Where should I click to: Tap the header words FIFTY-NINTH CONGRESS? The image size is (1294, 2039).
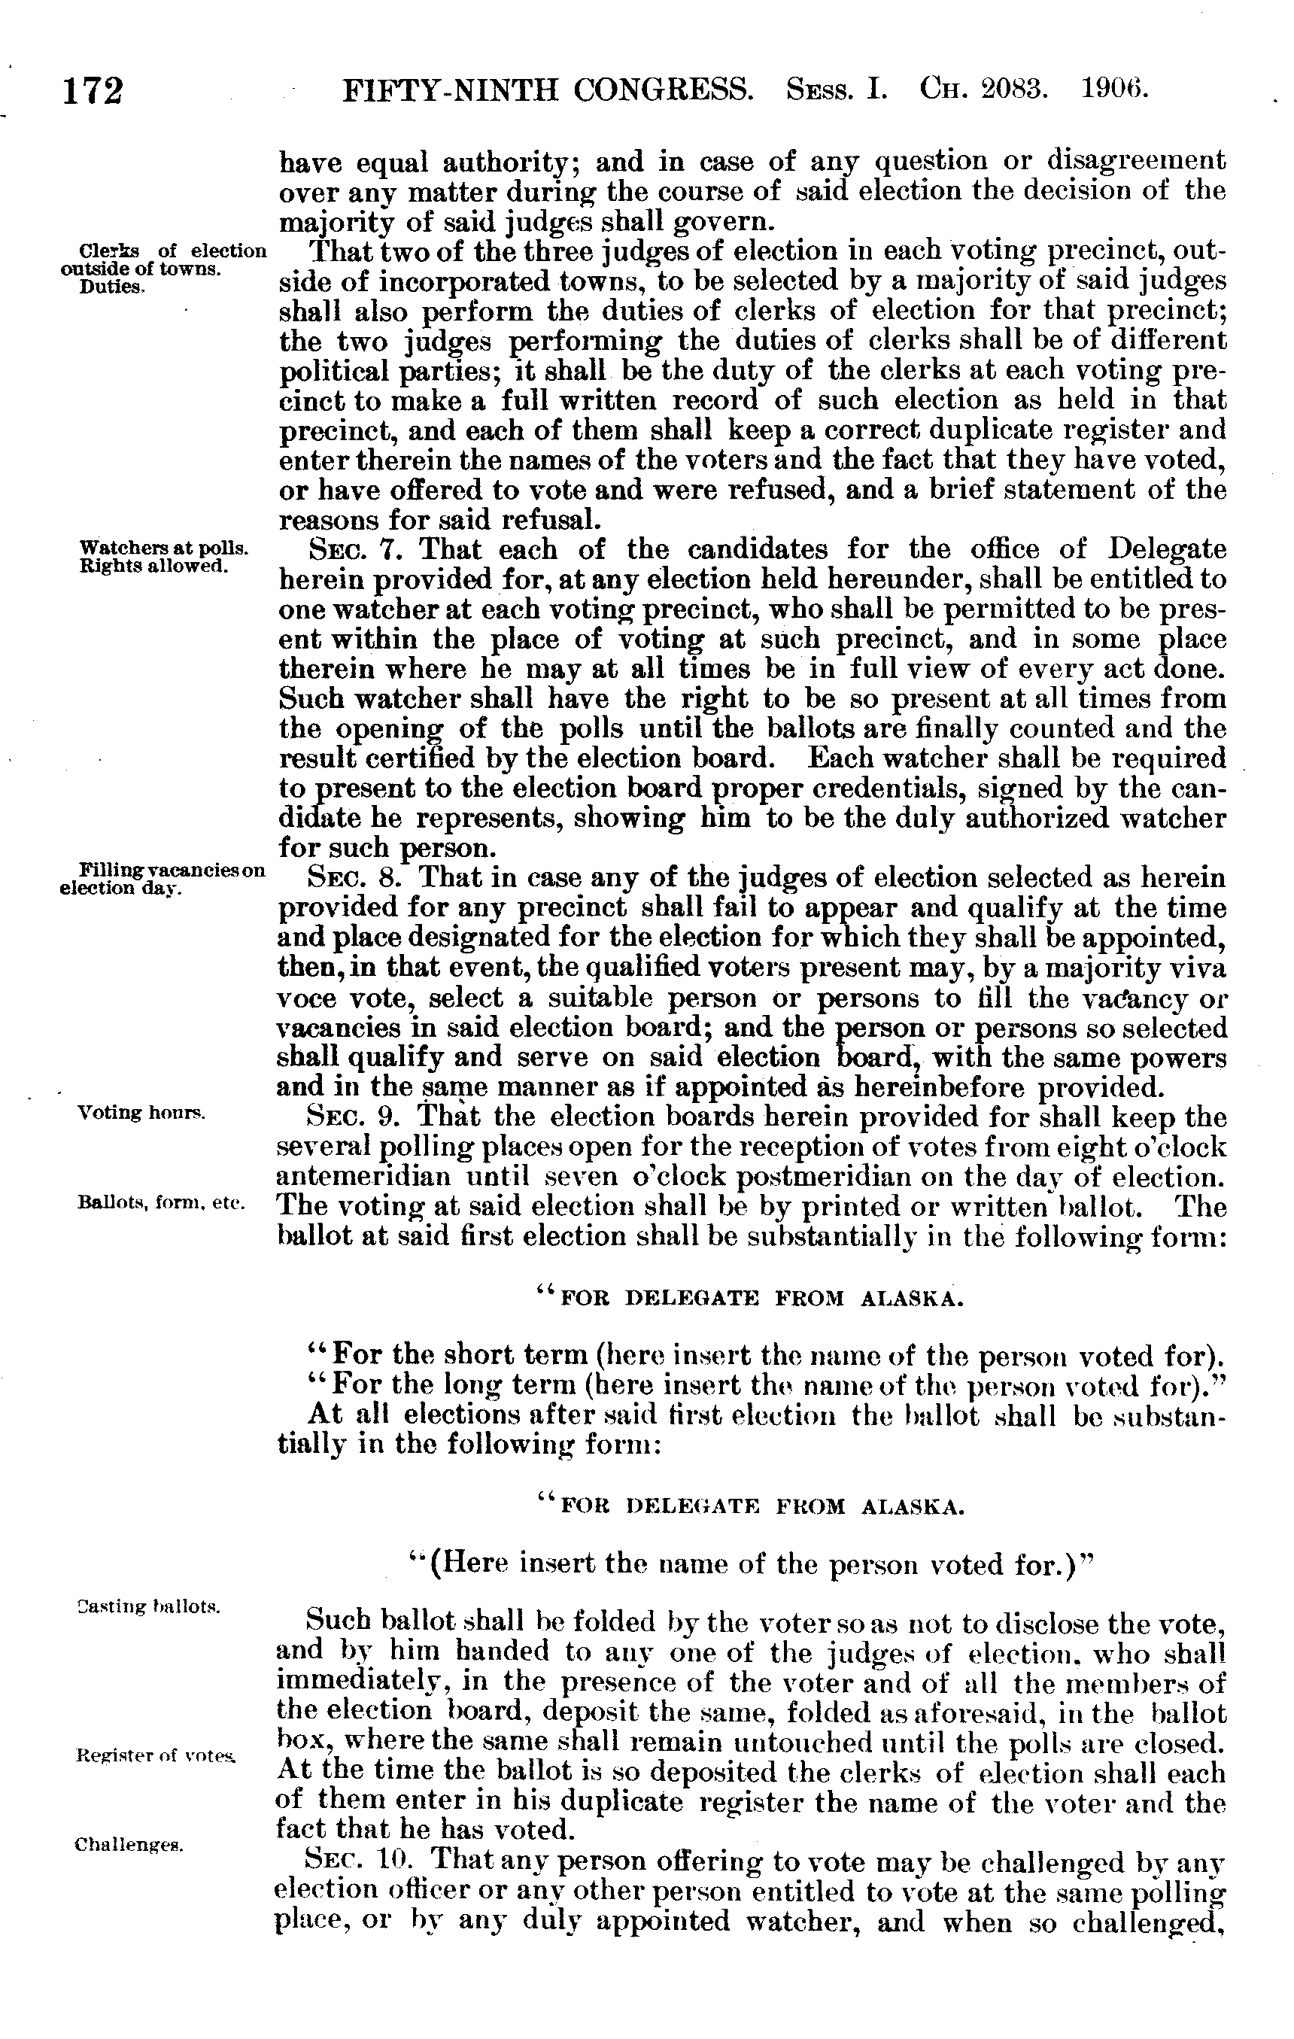point(547,89)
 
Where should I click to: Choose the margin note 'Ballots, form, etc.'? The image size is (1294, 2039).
point(161,1203)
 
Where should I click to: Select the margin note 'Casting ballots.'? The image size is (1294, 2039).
point(148,1606)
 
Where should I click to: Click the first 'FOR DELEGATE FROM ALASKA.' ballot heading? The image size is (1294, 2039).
point(750,1298)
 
